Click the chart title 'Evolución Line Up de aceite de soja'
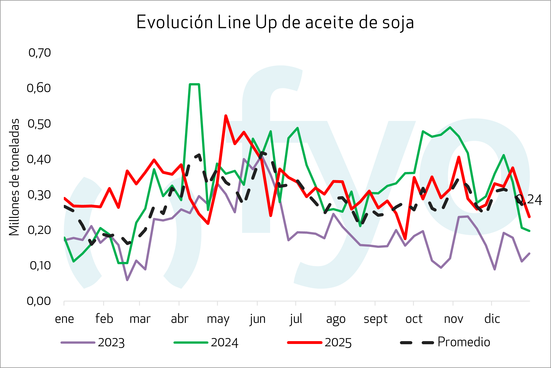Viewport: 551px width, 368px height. click(275, 22)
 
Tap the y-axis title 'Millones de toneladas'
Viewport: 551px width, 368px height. click(14, 177)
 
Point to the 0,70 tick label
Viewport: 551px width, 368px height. click(40, 53)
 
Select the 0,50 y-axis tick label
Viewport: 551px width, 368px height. click(39, 124)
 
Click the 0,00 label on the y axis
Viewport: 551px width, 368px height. click(39, 301)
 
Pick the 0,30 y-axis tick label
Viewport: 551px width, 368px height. click(39, 195)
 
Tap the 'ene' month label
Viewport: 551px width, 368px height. click(64, 319)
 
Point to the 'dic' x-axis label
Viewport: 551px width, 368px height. click(492, 319)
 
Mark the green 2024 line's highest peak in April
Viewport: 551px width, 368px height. click(195, 84)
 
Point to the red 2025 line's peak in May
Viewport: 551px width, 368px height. click(226, 116)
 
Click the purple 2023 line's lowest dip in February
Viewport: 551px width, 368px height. click(127, 280)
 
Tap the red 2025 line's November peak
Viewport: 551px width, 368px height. click(459, 157)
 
